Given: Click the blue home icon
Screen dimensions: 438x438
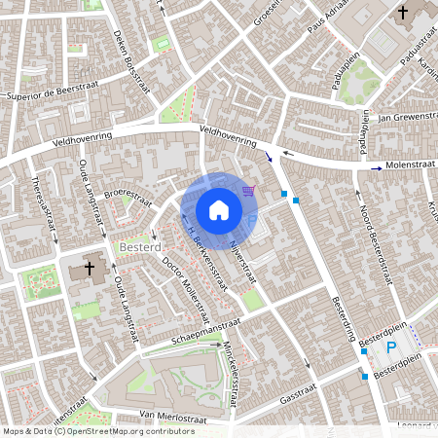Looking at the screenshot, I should pyautogui.click(x=218, y=209).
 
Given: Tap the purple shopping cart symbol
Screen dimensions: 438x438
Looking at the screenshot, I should pyautogui.click(x=249, y=190).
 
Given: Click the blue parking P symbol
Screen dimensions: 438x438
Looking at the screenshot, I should pyautogui.click(x=391, y=348).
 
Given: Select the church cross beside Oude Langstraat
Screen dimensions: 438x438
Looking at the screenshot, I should pyautogui.click(x=90, y=268).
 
